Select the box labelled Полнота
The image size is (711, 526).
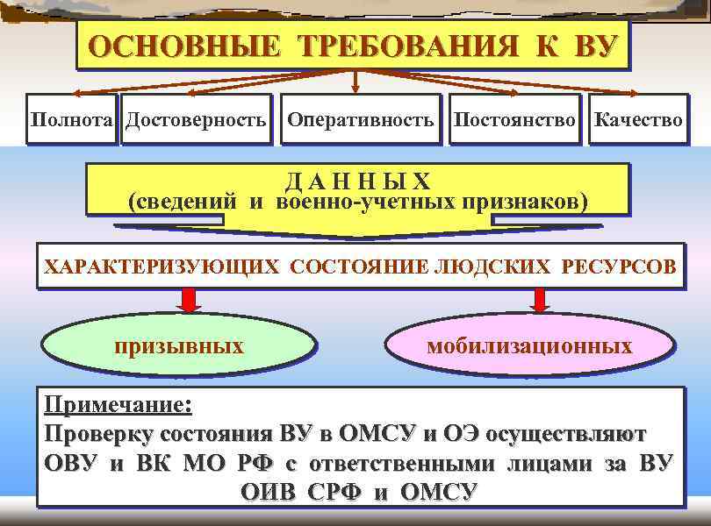click(x=73, y=119)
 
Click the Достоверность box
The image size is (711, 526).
click(x=196, y=119)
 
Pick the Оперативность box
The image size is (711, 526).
click(x=360, y=119)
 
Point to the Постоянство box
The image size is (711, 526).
click(x=515, y=119)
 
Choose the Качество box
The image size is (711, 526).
click(x=637, y=119)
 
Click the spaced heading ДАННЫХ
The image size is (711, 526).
click(x=357, y=181)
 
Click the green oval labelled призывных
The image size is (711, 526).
click(x=179, y=345)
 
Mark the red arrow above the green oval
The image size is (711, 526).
click(x=188, y=300)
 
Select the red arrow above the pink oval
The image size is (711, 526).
click(x=541, y=300)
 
